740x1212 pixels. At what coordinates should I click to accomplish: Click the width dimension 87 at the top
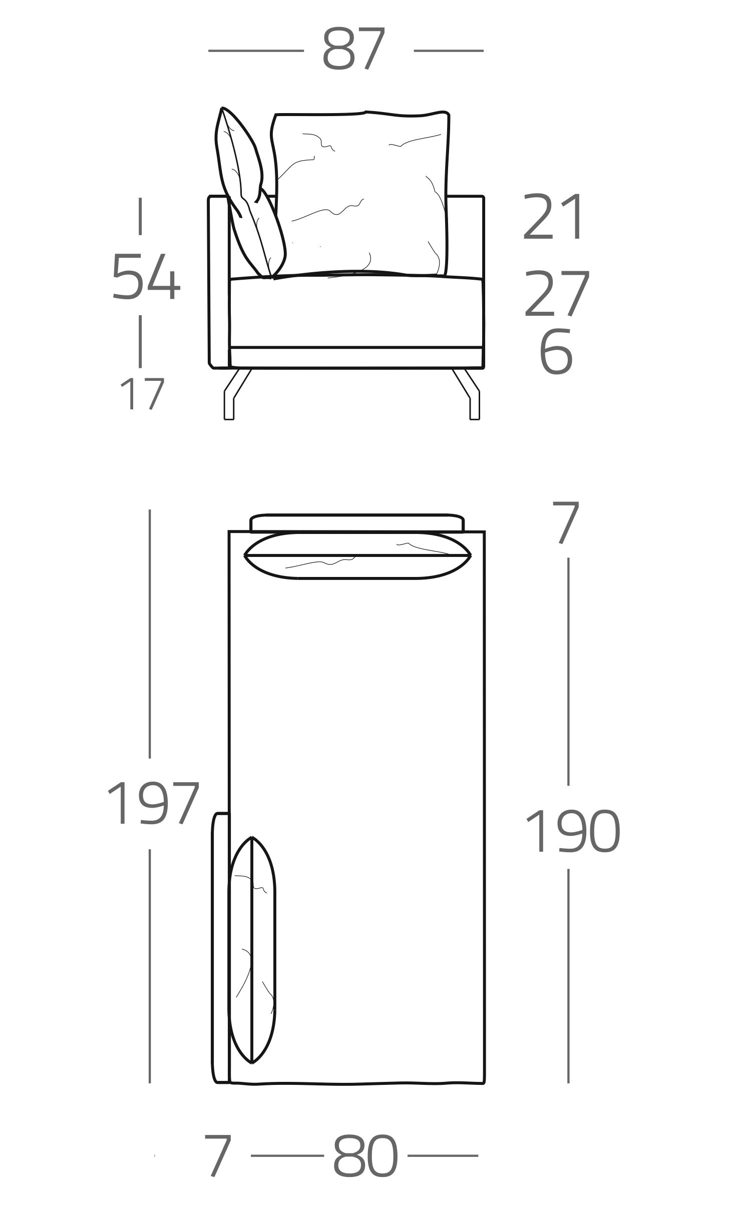pos(353,49)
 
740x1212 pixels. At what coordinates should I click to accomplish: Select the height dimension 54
pos(146,277)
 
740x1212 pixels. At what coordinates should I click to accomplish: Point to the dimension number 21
pos(553,217)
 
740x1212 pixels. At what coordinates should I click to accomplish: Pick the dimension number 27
pos(557,293)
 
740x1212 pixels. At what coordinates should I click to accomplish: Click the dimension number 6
pos(556,351)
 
